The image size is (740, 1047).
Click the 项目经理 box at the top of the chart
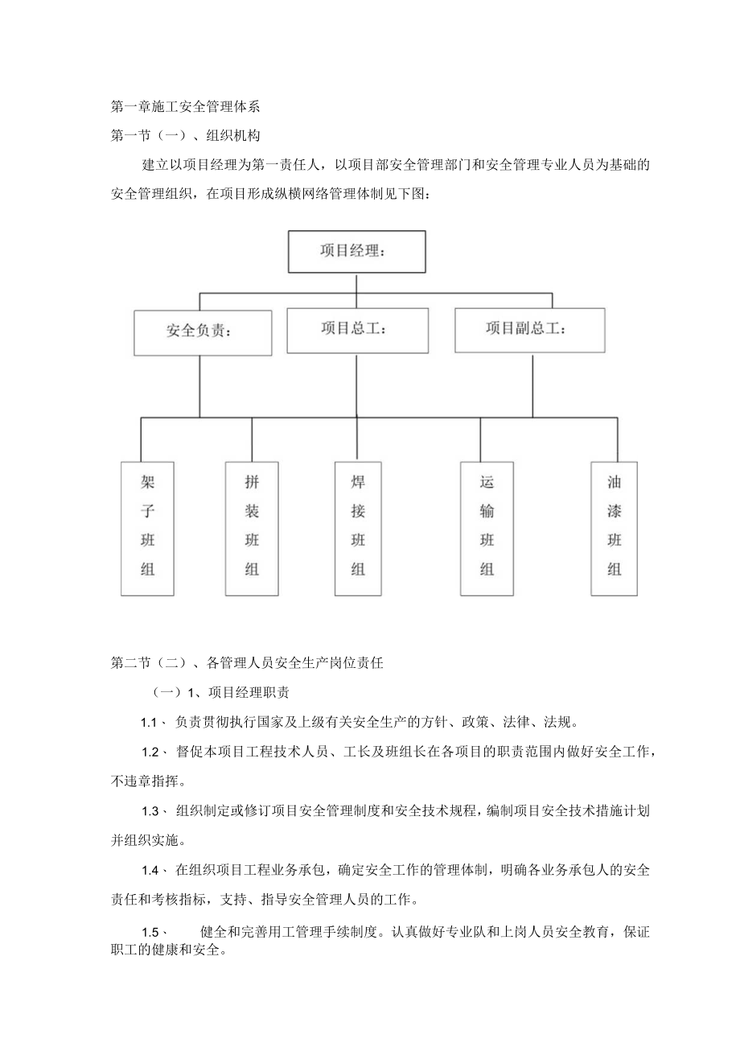tap(356, 251)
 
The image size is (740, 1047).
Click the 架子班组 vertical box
tap(147, 528)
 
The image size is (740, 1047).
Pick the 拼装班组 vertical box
tap(252, 528)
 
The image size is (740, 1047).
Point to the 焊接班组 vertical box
tap(358, 528)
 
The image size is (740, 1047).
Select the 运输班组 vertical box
tap(487, 528)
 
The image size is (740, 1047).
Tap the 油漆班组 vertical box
tap(614, 528)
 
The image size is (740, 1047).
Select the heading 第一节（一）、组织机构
tap(185, 135)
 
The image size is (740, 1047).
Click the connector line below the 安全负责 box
tap(200, 386)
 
